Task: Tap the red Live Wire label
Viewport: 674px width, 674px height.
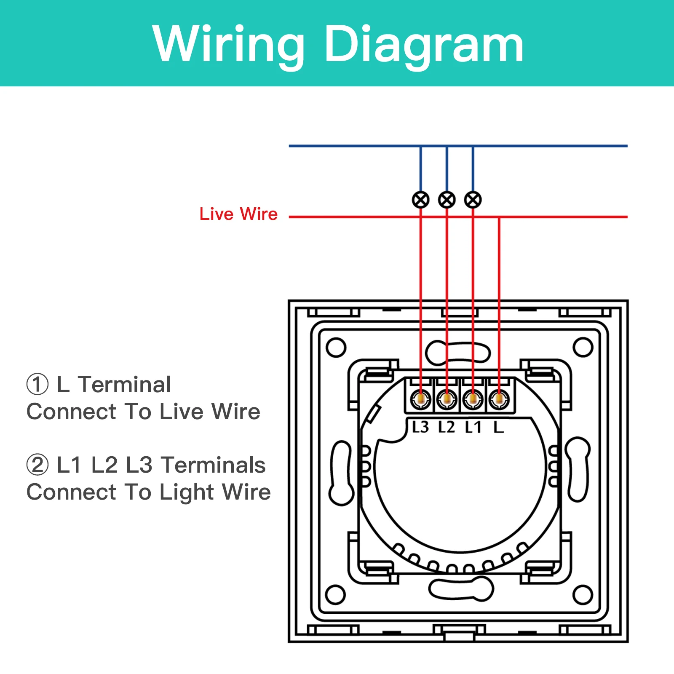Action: click(x=238, y=214)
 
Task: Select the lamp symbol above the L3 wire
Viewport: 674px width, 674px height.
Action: click(x=420, y=200)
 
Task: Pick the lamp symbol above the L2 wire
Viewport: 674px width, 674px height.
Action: click(x=447, y=200)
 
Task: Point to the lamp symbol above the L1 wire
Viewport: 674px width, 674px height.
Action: click(x=473, y=200)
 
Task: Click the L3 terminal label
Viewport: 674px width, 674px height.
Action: click(x=420, y=427)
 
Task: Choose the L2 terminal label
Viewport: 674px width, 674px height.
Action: click(x=447, y=427)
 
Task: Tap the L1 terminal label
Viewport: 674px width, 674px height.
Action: click(x=473, y=427)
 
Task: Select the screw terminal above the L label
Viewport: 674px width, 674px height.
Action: click(x=499, y=399)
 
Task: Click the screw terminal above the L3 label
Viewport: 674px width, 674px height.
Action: click(x=420, y=399)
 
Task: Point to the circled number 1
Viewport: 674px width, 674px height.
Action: click(x=37, y=385)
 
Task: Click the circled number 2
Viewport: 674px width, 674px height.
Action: click(x=37, y=465)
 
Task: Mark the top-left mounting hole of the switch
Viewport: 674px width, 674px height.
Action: click(x=336, y=348)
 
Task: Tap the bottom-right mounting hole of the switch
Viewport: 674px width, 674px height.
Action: click(x=583, y=595)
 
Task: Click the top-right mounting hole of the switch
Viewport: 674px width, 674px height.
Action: click(x=583, y=348)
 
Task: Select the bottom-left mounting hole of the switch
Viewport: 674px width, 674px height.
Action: click(x=336, y=595)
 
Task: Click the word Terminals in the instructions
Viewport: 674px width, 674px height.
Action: click(x=214, y=465)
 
